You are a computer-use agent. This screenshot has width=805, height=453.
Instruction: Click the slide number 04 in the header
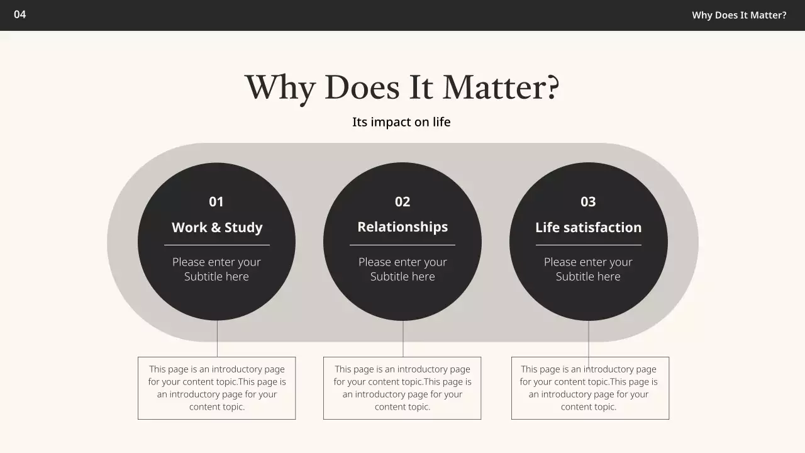[x=20, y=14]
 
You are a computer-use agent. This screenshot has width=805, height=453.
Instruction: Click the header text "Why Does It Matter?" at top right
[x=739, y=15]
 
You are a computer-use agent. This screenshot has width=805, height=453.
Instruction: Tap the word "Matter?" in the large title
[x=501, y=87]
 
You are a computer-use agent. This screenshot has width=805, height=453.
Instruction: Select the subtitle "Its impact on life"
[x=401, y=122]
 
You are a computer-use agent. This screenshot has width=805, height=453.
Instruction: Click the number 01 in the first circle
[x=216, y=202]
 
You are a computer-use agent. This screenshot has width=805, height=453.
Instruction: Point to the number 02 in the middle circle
[x=402, y=202]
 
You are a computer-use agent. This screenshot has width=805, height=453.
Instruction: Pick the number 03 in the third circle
[x=588, y=202]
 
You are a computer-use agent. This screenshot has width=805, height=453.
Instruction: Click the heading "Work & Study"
[x=217, y=228]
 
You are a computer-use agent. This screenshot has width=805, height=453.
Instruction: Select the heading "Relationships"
[x=402, y=227]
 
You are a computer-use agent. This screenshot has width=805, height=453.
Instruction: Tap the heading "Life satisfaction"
[x=588, y=228]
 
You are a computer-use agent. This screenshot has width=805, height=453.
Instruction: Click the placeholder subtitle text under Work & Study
[x=216, y=269]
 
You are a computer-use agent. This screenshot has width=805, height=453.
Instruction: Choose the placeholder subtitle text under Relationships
[x=402, y=269]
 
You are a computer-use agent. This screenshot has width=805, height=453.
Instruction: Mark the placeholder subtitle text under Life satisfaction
[x=588, y=269]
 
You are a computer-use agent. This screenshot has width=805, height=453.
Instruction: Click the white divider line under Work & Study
[x=217, y=245]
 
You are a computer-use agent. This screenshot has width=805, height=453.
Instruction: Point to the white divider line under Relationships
[x=402, y=245]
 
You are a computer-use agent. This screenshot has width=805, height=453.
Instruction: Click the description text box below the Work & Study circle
[x=217, y=388]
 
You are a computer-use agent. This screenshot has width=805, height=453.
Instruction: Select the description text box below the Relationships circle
[x=402, y=388]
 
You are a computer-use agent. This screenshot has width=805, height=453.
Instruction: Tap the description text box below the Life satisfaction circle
[x=589, y=388]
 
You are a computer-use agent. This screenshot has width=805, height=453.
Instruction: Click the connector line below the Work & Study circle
[x=217, y=339]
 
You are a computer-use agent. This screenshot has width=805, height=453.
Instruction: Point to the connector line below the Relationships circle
[x=403, y=339]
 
